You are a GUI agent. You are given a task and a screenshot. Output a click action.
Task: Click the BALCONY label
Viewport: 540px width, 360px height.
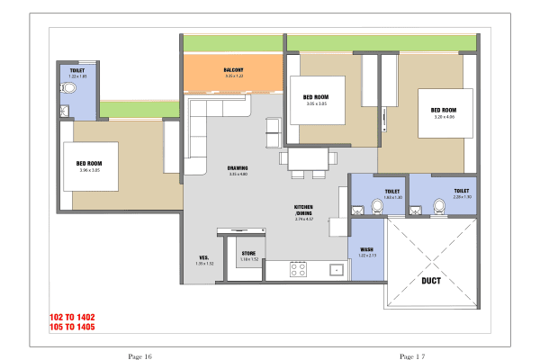[234, 70]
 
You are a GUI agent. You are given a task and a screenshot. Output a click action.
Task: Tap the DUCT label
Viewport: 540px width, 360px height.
[430, 280]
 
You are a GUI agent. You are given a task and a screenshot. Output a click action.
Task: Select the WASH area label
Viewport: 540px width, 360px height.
[366, 249]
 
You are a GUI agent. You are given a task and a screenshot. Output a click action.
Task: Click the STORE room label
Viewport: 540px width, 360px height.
[249, 254]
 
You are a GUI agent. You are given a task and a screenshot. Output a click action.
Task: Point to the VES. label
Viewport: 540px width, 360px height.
[204, 258]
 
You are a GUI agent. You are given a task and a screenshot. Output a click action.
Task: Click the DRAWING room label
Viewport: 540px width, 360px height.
[238, 168]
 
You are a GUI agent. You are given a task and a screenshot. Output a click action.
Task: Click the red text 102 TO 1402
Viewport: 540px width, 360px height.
[72, 317]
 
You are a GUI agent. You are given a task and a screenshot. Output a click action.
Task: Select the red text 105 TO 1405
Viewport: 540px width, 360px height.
[72, 327]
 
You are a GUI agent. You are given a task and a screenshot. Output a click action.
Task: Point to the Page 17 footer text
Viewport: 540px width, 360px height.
[412, 357]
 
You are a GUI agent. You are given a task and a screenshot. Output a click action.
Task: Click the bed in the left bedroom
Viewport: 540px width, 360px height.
[90, 166]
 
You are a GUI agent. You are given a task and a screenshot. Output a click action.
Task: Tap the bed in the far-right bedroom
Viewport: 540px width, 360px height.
[445, 112]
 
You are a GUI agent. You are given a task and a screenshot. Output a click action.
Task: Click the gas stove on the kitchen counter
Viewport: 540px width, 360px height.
[298, 268]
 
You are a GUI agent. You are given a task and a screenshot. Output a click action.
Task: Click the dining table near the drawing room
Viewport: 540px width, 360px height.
[308, 159]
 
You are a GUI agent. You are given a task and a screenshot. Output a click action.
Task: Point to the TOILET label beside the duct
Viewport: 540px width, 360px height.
[461, 191]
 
